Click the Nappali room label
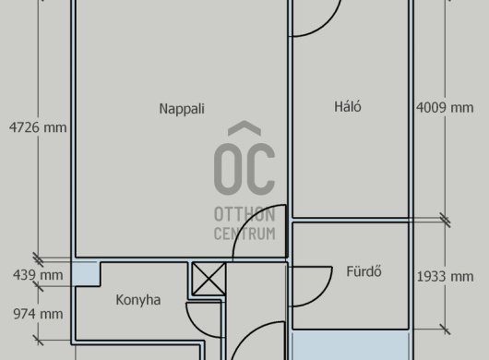(182, 109)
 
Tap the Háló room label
(348, 106)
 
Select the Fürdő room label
(364, 271)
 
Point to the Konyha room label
(138, 300)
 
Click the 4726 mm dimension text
(38, 127)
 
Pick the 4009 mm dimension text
(445, 108)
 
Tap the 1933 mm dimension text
(446, 276)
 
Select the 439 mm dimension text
(38, 275)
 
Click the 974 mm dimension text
(38, 314)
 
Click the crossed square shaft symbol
(209, 279)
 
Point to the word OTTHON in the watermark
(244, 215)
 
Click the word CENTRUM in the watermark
(244, 234)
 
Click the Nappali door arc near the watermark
(245, 220)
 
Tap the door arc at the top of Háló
(328, 25)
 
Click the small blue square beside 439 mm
(86, 273)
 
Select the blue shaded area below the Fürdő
(351, 345)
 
